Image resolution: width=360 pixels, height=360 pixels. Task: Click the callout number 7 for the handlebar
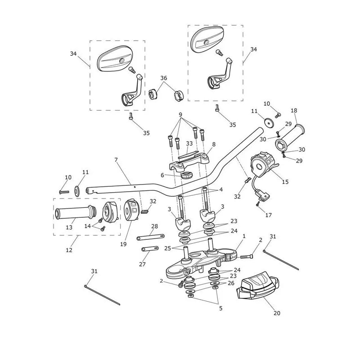[116, 160]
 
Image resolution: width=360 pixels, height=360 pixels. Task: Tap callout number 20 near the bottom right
[277, 313]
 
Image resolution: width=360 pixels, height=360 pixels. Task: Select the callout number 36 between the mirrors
[164, 78]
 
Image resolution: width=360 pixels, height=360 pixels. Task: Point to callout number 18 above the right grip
[294, 110]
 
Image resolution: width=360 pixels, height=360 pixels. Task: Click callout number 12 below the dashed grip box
[69, 250]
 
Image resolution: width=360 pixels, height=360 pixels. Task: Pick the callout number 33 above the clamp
[189, 144]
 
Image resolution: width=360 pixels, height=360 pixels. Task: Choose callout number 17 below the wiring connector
[268, 215]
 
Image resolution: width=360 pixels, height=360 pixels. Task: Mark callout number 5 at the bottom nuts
[220, 308]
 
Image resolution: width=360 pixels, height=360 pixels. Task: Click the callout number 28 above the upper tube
[154, 226]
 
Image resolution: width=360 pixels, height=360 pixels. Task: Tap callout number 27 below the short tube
[142, 264]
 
